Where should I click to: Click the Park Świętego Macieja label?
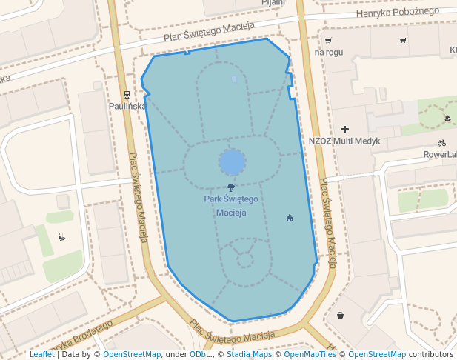click(230, 206)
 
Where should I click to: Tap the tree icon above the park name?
click(231, 188)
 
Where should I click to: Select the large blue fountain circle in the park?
click(232, 161)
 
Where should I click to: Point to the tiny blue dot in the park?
click(234, 79)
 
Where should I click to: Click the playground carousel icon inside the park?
click(290, 218)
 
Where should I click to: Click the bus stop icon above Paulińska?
click(127, 95)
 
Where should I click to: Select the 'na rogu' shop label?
click(329, 53)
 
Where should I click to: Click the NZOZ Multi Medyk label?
click(344, 141)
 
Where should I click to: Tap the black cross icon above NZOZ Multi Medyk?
click(344, 130)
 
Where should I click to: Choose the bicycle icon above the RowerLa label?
click(441, 143)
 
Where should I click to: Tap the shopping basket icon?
click(340, 315)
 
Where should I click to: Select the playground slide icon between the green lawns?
click(61, 237)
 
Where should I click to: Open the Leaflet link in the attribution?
click(41, 355)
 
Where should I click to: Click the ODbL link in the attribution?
click(200, 355)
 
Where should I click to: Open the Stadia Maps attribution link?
click(249, 355)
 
